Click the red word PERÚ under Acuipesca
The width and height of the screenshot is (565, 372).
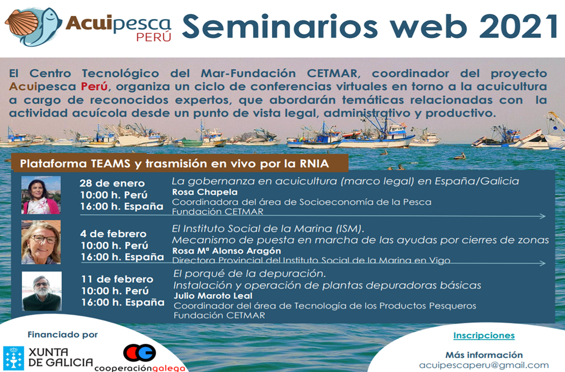click(154, 37)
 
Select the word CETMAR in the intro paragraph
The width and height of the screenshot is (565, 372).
click(332, 73)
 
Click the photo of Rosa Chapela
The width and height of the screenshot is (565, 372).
click(41, 195)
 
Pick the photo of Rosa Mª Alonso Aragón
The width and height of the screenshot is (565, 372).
click(41, 242)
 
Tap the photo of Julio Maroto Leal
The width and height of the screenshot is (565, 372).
click(42, 291)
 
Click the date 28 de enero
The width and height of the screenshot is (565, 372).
click(112, 183)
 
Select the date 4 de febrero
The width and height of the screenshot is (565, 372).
click(113, 234)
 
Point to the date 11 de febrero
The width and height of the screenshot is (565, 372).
click(117, 279)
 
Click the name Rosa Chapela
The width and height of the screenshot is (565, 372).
click(205, 192)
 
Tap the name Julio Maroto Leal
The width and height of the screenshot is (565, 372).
click(213, 296)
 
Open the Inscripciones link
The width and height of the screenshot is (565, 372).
click(484, 336)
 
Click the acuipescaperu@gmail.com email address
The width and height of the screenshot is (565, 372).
click(484, 366)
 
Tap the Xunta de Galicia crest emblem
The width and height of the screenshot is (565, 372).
click(13, 358)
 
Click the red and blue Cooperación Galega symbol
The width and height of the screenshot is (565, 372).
click(139, 353)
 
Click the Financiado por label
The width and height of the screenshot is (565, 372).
click(63, 334)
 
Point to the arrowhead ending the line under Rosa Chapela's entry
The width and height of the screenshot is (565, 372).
click(543, 216)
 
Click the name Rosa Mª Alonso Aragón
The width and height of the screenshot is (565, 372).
click(226, 251)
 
